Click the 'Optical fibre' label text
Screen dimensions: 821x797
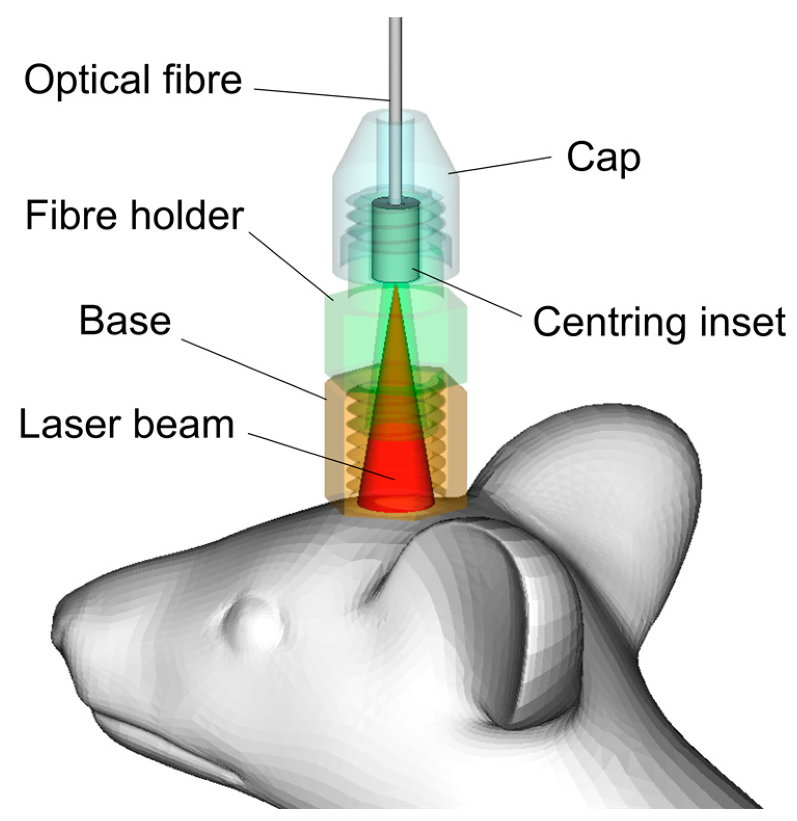click(x=133, y=80)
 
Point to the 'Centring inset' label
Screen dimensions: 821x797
click(x=659, y=322)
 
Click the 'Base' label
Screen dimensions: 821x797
click(x=125, y=321)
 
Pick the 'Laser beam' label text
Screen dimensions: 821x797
click(x=126, y=425)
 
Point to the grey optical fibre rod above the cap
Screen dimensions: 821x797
click(x=396, y=62)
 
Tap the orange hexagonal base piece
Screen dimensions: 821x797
click(x=337, y=441)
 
